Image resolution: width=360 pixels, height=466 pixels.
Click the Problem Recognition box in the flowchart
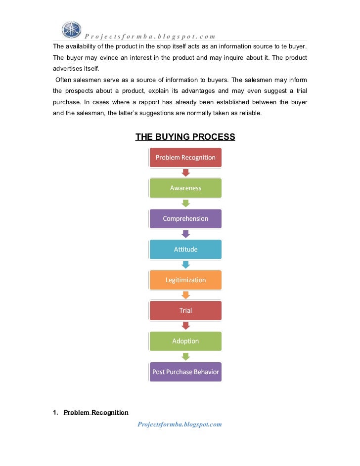(x=185, y=158)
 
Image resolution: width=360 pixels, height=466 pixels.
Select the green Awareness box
(x=185, y=188)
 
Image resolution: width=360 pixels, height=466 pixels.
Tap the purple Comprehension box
(x=185, y=219)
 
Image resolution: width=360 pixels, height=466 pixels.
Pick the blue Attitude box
(x=185, y=250)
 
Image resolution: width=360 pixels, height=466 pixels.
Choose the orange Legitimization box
(x=185, y=280)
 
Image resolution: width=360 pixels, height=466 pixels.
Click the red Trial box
(x=185, y=311)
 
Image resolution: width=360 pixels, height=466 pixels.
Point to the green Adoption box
(x=185, y=341)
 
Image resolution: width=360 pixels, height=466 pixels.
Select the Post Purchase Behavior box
(x=185, y=372)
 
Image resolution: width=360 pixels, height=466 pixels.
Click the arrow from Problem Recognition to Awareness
(x=185, y=173)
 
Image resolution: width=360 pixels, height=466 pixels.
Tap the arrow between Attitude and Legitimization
(x=185, y=265)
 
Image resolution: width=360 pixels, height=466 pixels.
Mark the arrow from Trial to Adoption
(x=185, y=326)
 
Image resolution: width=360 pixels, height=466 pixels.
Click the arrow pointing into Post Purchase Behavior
(x=185, y=357)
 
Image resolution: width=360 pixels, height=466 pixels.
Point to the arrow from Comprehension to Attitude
(x=185, y=234)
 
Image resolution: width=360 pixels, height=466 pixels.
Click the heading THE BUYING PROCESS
(x=185, y=136)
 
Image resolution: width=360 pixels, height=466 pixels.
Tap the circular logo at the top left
(x=71, y=30)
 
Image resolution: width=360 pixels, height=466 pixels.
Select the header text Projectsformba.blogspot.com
(x=150, y=36)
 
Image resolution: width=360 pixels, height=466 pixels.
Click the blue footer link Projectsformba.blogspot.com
(x=180, y=424)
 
